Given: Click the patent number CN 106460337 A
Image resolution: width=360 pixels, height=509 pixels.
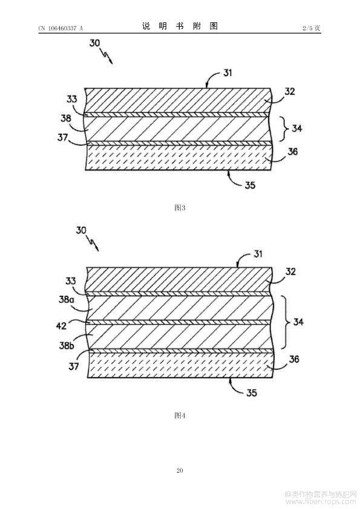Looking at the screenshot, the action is (61, 28).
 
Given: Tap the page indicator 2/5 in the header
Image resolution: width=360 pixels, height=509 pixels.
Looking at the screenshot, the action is (307, 28).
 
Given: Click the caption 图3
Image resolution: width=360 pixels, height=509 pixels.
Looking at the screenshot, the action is (180, 208).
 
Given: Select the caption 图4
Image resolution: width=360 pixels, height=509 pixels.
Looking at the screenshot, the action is (180, 415).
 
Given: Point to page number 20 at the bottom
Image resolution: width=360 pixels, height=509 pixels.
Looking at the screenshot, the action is (180, 470).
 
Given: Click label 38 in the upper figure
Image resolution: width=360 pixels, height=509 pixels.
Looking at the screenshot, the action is (66, 118).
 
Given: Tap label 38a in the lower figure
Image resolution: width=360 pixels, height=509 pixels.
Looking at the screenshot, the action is (67, 300).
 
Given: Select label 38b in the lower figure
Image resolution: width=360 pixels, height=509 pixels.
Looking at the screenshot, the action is (67, 345).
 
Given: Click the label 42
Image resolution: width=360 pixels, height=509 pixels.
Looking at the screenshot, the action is (61, 326).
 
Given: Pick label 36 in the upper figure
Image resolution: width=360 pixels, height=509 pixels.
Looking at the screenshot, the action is (293, 151).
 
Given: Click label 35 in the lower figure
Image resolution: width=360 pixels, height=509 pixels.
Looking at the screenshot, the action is (252, 393).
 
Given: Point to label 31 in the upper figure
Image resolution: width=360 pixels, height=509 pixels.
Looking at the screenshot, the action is (227, 73).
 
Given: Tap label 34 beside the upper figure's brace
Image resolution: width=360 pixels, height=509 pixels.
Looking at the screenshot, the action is (296, 129).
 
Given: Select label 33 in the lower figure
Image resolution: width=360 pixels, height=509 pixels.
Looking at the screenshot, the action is (71, 280).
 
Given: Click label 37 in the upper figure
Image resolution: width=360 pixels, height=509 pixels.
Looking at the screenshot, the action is (63, 138).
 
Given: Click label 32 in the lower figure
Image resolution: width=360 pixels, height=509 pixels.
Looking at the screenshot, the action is (290, 271).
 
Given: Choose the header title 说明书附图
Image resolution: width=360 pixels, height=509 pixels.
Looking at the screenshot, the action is (180, 26).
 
